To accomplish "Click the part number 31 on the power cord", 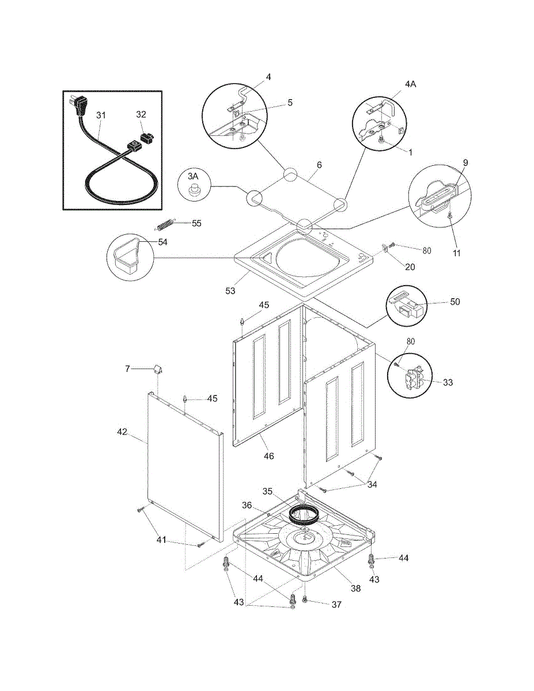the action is coord(101,115).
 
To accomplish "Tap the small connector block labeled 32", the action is coord(147,138).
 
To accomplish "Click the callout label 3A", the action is coord(193,176).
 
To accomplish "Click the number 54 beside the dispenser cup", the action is coord(163,242).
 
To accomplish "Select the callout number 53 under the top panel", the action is coord(230,291).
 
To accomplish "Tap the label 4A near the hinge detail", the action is coord(411,84).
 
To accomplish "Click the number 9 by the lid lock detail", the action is coord(465,163).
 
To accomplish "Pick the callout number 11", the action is coord(457,253).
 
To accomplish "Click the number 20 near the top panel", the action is coord(410,267).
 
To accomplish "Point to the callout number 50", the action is coord(455,302).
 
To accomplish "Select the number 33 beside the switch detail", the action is coord(448,382).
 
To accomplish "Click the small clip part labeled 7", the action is coord(158,369).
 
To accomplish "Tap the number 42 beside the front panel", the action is coord(122,432).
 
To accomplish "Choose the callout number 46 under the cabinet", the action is coord(269,456).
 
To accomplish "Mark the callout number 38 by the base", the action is coord(355,589).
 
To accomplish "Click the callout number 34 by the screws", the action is coord(372,484).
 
